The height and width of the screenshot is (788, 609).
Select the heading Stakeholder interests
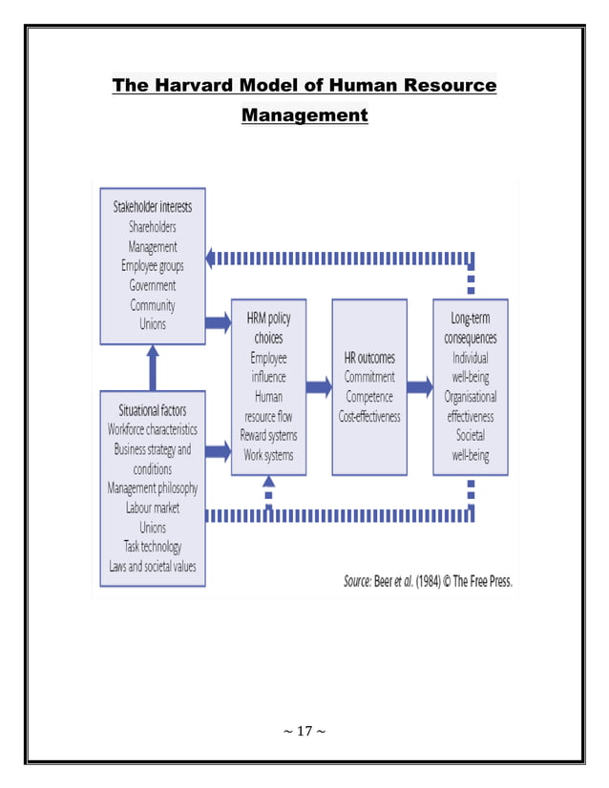tap(153, 207)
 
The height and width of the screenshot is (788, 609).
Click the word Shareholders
tap(153, 227)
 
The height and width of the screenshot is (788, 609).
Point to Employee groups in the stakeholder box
tap(153, 266)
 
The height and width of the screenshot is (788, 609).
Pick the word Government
tap(153, 285)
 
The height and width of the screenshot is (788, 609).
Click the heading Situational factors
tap(153, 410)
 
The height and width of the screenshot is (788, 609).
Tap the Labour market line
tap(153, 508)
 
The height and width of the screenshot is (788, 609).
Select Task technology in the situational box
tap(153, 547)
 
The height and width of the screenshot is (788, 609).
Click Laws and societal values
tap(153, 567)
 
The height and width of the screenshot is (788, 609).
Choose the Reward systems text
tap(268, 436)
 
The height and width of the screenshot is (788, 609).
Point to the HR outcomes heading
tap(369, 358)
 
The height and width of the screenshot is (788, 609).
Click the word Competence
tap(369, 397)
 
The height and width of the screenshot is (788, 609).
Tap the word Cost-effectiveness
tap(369, 416)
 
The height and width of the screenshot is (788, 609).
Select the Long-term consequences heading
tap(470, 328)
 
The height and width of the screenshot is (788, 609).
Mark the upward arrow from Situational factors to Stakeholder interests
tap(153, 363)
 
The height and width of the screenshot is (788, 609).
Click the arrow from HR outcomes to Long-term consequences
tap(420, 387)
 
